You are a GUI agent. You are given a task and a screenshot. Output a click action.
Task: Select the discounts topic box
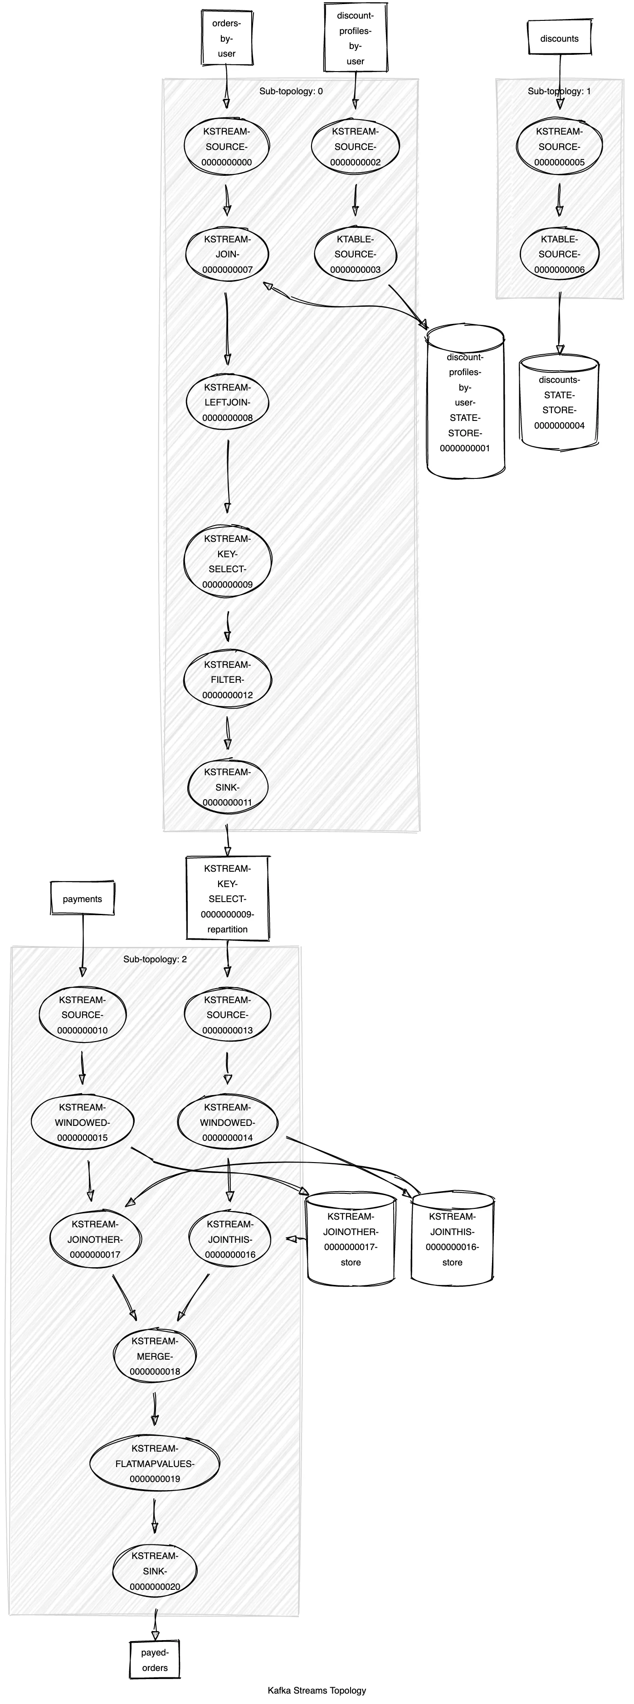tap(559, 39)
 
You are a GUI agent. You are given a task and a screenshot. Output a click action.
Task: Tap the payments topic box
tap(82, 899)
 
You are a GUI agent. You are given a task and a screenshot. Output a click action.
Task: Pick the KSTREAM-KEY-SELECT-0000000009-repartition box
tap(227, 898)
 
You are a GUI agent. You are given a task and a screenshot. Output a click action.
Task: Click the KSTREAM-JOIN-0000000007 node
tap(227, 255)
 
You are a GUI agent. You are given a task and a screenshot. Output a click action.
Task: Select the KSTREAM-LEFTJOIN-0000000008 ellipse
tap(227, 403)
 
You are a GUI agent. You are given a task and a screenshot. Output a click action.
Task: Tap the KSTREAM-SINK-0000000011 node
tap(227, 787)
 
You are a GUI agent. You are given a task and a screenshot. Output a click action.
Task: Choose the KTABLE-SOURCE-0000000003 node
tap(356, 255)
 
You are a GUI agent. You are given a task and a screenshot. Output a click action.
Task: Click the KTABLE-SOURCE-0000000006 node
tap(559, 255)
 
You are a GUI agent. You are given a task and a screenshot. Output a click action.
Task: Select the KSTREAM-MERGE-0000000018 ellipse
tap(155, 1356)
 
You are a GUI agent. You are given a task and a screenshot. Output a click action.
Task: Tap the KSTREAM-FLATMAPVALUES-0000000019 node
tap(155, 1463)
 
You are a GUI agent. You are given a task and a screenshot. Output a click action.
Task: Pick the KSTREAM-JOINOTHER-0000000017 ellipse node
tap(95, 1239)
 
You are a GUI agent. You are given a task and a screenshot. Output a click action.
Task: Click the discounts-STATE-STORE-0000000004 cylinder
tap(559, 403)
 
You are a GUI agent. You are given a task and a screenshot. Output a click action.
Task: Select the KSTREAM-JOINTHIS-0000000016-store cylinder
tap(453, 1239)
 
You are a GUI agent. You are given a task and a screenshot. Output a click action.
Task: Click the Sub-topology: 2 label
tap(155, 959)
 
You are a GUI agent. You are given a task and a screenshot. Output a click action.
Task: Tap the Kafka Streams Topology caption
tap(317, 1690)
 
